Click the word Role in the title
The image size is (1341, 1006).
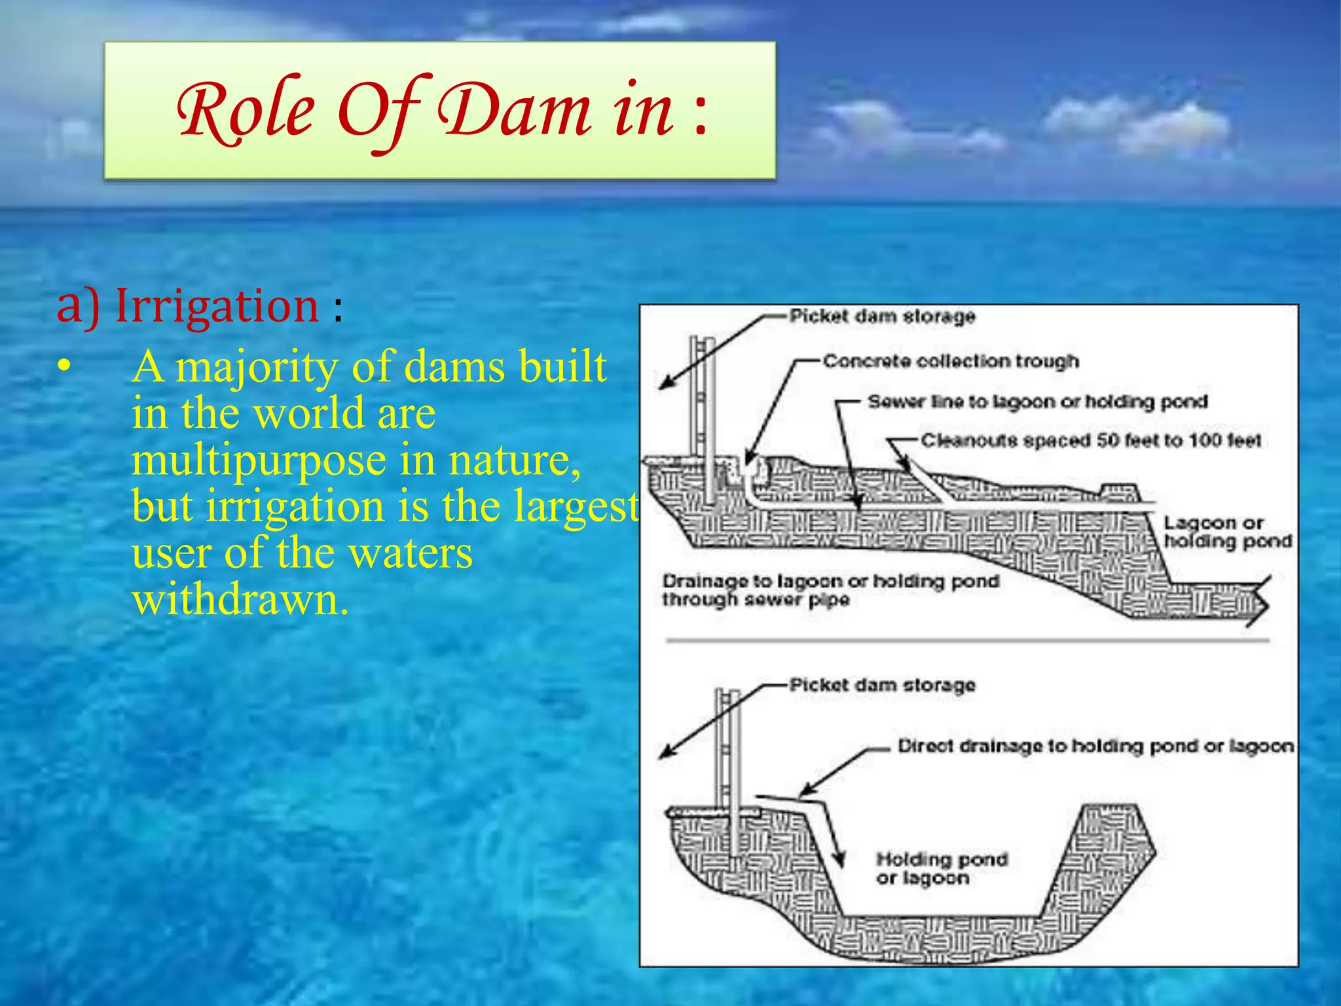tap(246, 111)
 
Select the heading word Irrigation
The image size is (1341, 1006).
tap(217, 306)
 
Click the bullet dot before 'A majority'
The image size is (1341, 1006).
tap(63, 368)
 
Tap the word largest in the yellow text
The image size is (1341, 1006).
tap(576, 506)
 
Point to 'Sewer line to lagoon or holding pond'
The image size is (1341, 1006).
tap(1037, 401)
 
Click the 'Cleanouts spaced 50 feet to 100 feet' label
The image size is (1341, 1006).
tap(1091, 440)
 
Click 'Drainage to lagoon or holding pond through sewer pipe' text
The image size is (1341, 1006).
tap(830, 590)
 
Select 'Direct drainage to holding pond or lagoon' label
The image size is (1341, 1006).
tap(1095, 746)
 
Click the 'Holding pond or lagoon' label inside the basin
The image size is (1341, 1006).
tap(941, 868)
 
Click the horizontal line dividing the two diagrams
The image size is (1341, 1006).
tap(968, 640)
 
